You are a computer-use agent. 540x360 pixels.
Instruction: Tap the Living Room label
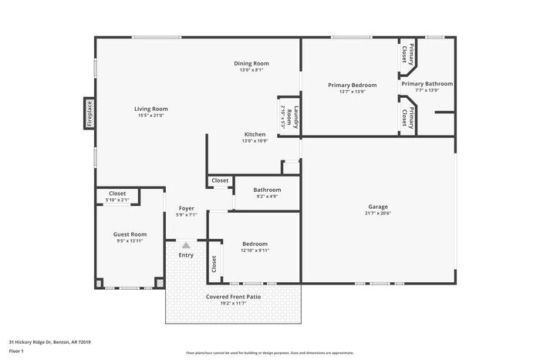pyautogui.click(x=153, y=109)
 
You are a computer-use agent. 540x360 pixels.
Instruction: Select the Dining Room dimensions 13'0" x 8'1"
pyautogui.click(x=251, y=70)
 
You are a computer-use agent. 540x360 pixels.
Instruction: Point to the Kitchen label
pyautogui.click(x=255, y=134)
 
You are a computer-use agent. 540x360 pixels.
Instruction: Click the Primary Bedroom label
pyautogui.click(x=352, y=85)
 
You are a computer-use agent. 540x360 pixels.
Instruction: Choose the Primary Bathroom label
pyautogui.click(x=427, y=83)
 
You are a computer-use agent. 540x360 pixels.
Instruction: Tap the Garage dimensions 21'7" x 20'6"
pyautogui.click(x=377, y=214)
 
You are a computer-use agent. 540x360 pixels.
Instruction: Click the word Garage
pyautogui.click(x=377, y=207)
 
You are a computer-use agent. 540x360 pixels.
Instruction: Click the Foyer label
pyautogui.click(x=187, y=208)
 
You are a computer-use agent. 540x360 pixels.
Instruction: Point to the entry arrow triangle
pyautogui.click(x=186, y=244)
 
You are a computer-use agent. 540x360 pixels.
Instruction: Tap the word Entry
pyautogui.click(x=186, y=255)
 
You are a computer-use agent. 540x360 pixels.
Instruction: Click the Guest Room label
pyautogui.click(x=130, y=234)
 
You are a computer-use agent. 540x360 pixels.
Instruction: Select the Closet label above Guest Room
pyautogui.click(x=117, y=193)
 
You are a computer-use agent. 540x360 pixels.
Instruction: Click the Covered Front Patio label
pyautogui.click(x=232, y=297)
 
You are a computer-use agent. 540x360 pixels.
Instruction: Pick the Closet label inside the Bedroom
pyautogui.click(x=214, y=263)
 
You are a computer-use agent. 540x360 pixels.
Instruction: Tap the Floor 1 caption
pyautogui.click(x=16, y=351)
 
